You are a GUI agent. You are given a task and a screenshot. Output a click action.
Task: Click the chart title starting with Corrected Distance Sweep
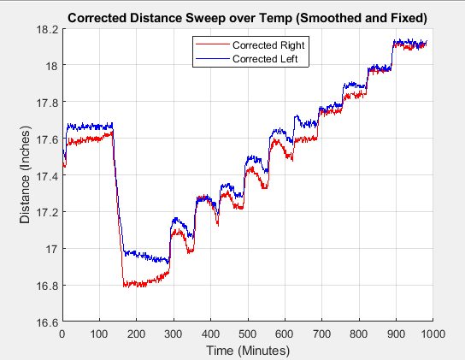(247, 17)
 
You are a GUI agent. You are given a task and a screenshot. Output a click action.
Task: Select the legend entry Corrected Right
(262, 44)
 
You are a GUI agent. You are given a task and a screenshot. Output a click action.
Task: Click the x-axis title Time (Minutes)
(246, 350)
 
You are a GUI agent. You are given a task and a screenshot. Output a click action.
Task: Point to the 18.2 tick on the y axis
(45, 29)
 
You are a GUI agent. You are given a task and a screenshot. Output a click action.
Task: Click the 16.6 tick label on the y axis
(45, 322)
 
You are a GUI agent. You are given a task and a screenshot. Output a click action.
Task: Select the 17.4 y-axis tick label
(45, 176)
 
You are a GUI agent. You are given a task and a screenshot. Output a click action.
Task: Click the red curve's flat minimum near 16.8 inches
(145, 285)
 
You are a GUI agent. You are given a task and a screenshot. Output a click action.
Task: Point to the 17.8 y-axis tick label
(45, 103)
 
